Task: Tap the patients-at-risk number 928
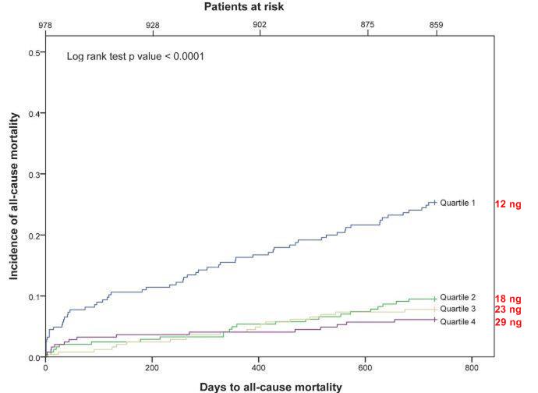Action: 153,25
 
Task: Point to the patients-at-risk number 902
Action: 260,25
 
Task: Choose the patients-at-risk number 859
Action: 436,25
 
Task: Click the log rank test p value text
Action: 135,57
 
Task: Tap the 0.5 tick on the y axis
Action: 35,52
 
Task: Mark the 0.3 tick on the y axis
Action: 35,175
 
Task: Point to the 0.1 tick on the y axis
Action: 35,296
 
